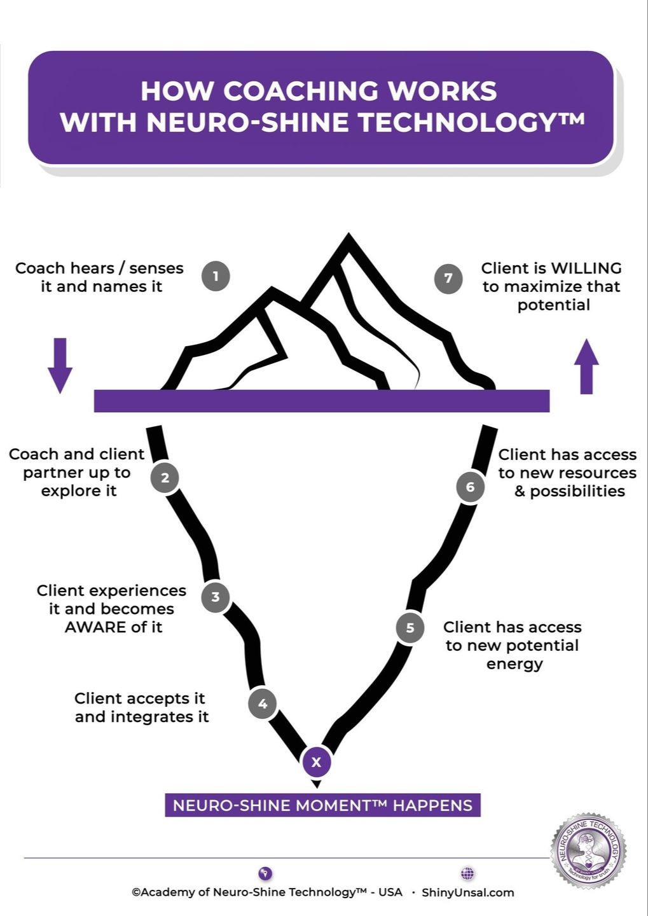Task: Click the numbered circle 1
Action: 216,276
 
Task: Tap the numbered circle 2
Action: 165,478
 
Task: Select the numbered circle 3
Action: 216,597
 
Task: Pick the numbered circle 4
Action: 263,704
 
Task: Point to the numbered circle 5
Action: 410,628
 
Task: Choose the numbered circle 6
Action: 470,487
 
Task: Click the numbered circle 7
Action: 448,278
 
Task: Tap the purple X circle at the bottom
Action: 316,761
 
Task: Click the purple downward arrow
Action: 60,365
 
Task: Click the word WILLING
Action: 586,268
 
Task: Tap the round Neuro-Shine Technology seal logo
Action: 589,850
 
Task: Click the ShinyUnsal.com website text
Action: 467,892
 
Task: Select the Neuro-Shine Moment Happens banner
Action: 322,805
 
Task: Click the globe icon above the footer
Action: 467,873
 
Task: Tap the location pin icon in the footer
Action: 266,873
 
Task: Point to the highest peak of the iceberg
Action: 348,239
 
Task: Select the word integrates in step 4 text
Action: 152,717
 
